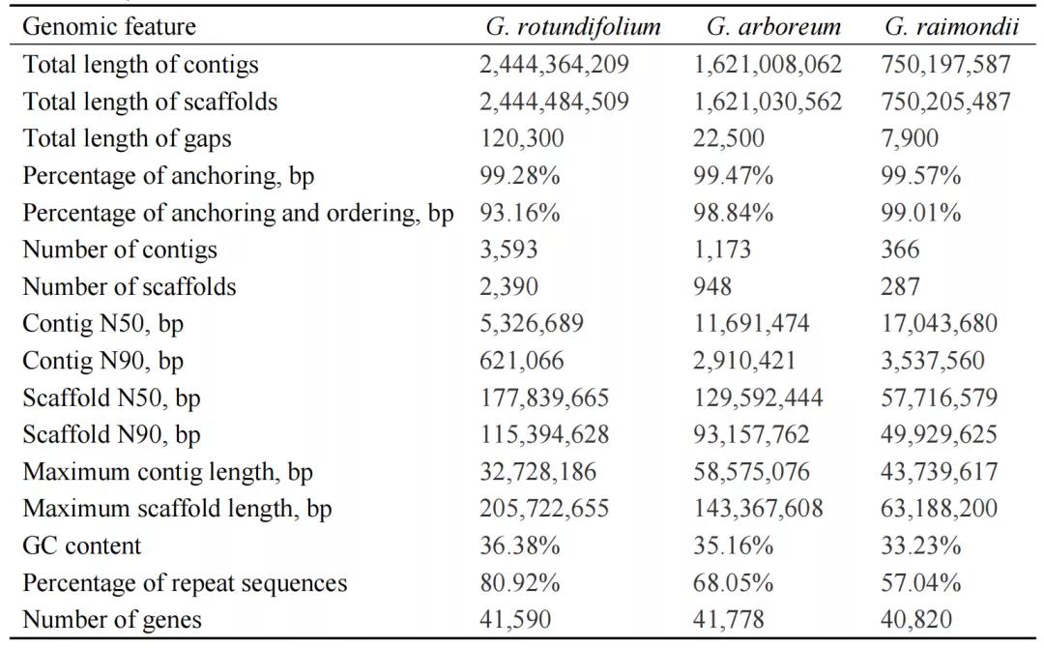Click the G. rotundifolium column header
click(573, 27)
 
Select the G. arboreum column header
click(773, 27)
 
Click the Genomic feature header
click(108, 27)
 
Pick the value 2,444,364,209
click(554, 65)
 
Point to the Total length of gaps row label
click(127, 139)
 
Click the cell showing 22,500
click(728, 139)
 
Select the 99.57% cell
click(920, 176)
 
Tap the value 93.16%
click(519, 213)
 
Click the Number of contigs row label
click(120, 250)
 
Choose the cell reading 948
click(711, 287)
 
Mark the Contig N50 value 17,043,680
click(945, 324)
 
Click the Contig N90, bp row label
click(102, 361)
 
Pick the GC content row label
click(81, 546)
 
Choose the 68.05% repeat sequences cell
click(733, 583)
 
